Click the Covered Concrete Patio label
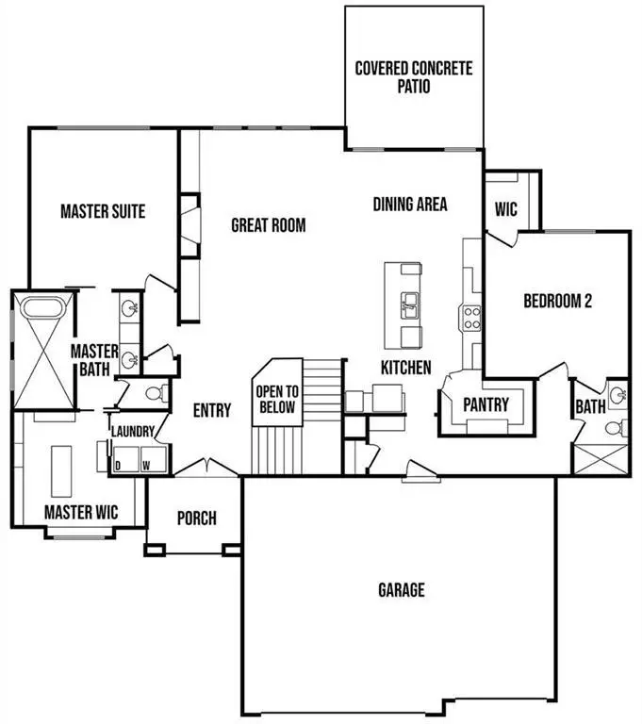tap(413, 76)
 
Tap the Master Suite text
tap(103, 211)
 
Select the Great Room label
tap(269, 225)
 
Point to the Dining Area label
tap(409, 204)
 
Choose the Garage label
tap(402, 590)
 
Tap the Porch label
tap(196, 518)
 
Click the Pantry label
tap(486, 404)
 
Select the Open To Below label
tap(277, 400)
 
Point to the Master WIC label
tap(80, 513)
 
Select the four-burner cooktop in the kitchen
tap(470, 317)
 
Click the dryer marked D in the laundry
tap(119, 464)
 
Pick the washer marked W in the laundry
tap(146, 464)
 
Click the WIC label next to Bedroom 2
tap(505, 209)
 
